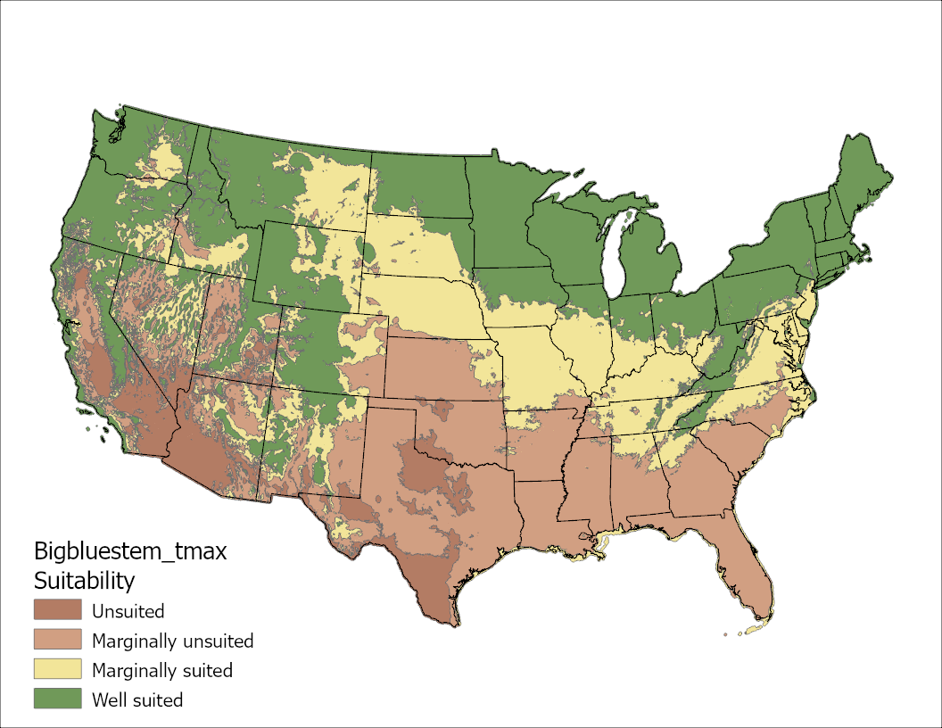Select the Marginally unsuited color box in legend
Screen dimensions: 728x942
point(58,640)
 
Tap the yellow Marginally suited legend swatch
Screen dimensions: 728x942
point(58,669)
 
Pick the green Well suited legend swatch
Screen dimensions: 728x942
point(58,699)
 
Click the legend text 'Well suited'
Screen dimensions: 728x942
point(137,699)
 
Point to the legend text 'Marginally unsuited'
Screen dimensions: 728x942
point(172,641)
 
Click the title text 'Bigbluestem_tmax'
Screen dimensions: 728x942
point(130,550)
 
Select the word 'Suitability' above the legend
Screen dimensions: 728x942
point(84,581)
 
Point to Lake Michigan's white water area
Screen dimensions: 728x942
point(614,259)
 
